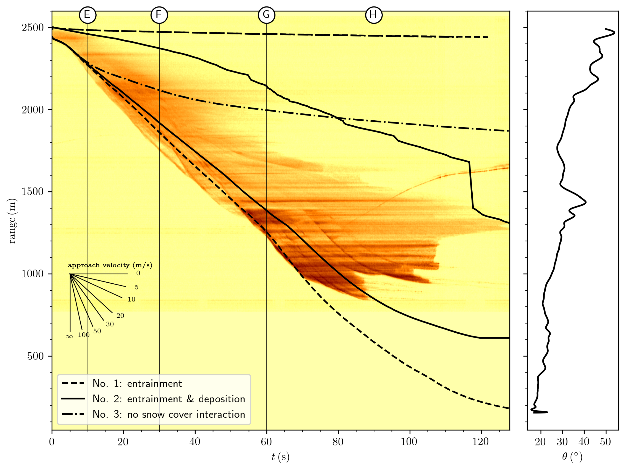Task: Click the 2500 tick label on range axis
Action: click(33, 28)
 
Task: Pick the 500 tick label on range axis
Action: click(36, 356)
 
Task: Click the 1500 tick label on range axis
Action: click(33, 192)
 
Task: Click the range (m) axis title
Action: click(12, 221)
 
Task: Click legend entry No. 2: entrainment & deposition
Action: click(169, 399)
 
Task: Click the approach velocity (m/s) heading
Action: click(110, 265)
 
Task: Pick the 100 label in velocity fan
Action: click(84, 335)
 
